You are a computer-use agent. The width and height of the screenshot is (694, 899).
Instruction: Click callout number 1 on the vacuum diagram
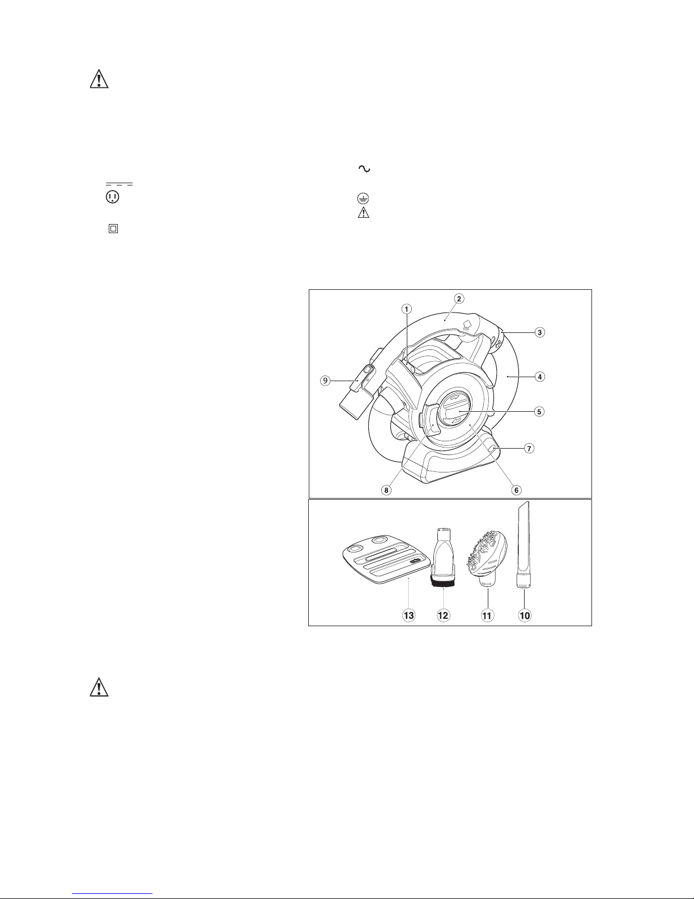(x=407, y=309)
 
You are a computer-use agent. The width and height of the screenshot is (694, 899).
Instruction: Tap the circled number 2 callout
(x=458, y=298)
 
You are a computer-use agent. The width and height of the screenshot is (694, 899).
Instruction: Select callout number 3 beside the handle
(x=539, y=332)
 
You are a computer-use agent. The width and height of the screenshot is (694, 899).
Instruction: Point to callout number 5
(x=539, y=412)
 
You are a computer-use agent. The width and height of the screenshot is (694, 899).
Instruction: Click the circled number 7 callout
(x=529, y=448)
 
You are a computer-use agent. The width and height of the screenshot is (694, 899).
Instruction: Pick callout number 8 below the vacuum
(x=386, y=490)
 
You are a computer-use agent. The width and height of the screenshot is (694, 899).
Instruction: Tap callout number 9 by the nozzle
(x=326, y=380)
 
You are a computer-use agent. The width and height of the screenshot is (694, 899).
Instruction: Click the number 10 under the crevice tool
(x=525, y=615)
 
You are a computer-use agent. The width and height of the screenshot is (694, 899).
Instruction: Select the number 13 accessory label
(x=408, y=615)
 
